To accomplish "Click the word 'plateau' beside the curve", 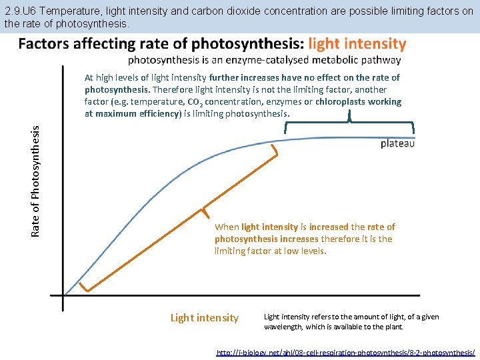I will [397, 143].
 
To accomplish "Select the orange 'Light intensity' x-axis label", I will [204, 318].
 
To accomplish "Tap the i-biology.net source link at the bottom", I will [345, 351].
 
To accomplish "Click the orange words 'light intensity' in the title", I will [357, 44].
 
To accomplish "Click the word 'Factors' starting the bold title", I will [42, 44].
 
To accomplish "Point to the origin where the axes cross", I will [63, 295].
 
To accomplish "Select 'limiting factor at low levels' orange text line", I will [270, 251].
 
